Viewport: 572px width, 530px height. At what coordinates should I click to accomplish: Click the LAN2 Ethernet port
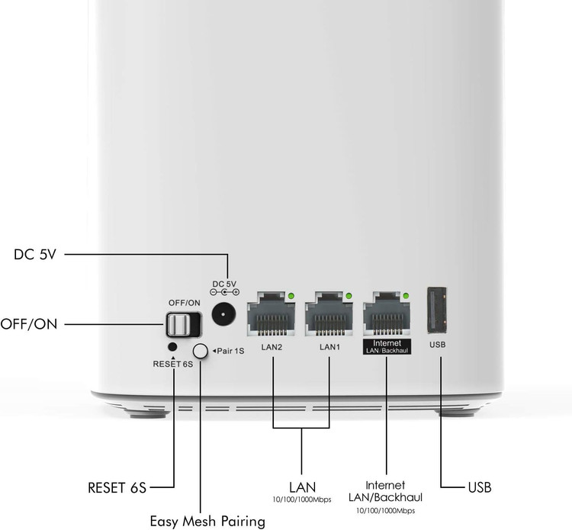point(271,313)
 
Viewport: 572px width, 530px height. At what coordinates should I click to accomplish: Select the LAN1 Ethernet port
point(329,313)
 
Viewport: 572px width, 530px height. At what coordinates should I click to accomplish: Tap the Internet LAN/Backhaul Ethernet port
point(387,313)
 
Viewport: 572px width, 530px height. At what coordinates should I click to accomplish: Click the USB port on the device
point(438,310)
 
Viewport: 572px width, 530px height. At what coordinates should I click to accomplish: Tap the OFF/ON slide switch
point(184,324)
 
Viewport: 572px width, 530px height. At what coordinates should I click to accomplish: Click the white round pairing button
point(200,352)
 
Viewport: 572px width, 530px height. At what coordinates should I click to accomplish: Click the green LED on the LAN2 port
point(291,296)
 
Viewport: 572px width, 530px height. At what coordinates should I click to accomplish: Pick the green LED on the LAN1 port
point(349,296)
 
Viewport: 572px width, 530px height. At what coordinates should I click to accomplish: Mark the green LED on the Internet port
point(406,296)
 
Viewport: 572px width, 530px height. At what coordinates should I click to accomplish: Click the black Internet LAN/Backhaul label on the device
point(387,346)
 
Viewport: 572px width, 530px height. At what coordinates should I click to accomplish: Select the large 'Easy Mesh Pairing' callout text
point(207,521)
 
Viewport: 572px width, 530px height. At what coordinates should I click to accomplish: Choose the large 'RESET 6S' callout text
point(117,488)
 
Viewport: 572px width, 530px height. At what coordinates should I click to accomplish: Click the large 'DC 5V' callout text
point(35,254)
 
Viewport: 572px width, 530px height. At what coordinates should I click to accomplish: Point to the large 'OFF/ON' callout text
point(29,324)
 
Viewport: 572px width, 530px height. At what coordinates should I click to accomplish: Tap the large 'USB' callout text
point(480,487)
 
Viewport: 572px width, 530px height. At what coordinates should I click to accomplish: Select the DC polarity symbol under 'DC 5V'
point(225,292)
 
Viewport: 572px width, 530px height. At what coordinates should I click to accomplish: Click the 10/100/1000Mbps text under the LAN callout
point(302,499)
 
